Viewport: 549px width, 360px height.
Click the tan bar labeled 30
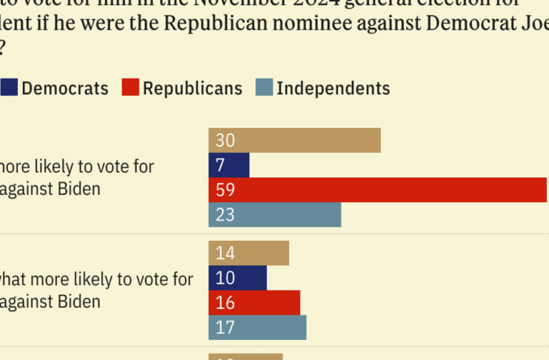[x=294, y=141]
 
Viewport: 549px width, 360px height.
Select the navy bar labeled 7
[x=229, y=165]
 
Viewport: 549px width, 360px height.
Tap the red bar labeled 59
[x=378, y=190]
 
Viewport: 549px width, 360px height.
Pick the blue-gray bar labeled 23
[x=275, y=215]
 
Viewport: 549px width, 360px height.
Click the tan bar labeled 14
[x=248, y=253]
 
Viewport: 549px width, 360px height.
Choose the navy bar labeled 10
[x=237, y=278]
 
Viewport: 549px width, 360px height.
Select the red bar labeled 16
[x=254, y=302]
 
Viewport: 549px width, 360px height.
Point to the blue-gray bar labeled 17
[x=257, y=327]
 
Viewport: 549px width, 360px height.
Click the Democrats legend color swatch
[x=9, y=87]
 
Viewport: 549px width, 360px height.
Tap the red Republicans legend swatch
[x=130, y=87]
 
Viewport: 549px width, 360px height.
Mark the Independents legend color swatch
[x=264, y=87]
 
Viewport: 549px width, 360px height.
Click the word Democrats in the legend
[x=65, y=88]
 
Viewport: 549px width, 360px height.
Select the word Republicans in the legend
[x=193, y=88]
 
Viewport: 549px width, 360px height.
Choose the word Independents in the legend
[x=333, y=88]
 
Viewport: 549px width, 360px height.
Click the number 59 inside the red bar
[x=225, y=190]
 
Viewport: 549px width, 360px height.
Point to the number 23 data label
[x=225, y=215]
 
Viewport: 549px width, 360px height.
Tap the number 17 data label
[x=225, y=327]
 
